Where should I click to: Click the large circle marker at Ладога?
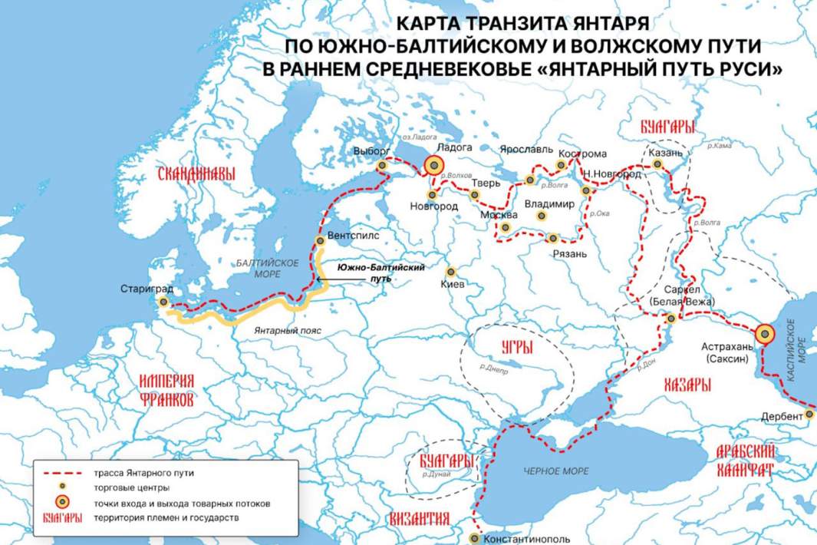(x=433, y=165)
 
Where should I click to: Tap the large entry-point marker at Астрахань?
(x=764, y=334)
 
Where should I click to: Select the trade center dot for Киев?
(x=451, y=272)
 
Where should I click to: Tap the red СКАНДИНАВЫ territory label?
(x=196, y=174)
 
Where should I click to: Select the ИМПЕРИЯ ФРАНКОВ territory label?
(x=166, y=390)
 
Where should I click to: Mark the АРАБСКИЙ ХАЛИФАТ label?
(x=745, y=461)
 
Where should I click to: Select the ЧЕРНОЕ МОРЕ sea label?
(x=555, y=471)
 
